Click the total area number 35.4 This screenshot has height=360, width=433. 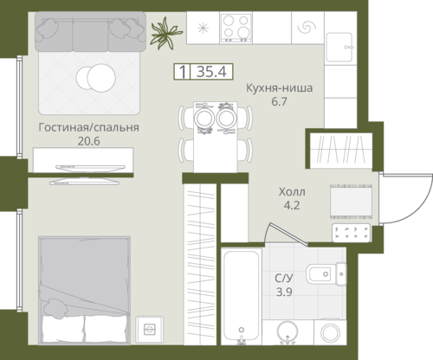(x=211, y=72)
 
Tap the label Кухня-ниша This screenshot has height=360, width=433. (x=279, y=88)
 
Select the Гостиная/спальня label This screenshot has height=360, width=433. (x=88, y=127)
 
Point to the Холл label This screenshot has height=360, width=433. (x=292, y=191)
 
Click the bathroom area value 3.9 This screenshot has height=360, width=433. (x=284, y=292)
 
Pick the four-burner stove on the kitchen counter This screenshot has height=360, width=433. (x=236, y=28)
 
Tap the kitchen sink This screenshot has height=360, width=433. (x=339, y=47)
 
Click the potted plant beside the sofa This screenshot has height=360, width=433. (x=165, y=34)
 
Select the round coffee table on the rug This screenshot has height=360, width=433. (x=96, y=78)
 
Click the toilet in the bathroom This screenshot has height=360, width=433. (x=326, y=273)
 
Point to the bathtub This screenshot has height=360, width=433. (x=242, y=295)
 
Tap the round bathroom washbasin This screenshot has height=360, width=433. (x=288, y=331)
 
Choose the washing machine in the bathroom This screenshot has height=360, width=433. (x=330, y=331)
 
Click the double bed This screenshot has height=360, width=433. (x=84, y=290)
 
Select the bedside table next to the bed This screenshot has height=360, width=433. (x=150, y=330)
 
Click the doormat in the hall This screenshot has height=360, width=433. (x=351, y=202)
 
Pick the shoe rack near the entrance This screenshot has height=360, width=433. (x=351, y=233)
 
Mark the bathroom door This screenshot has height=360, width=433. (x=286, y=234)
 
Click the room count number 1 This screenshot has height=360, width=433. (x=182, y=72)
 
